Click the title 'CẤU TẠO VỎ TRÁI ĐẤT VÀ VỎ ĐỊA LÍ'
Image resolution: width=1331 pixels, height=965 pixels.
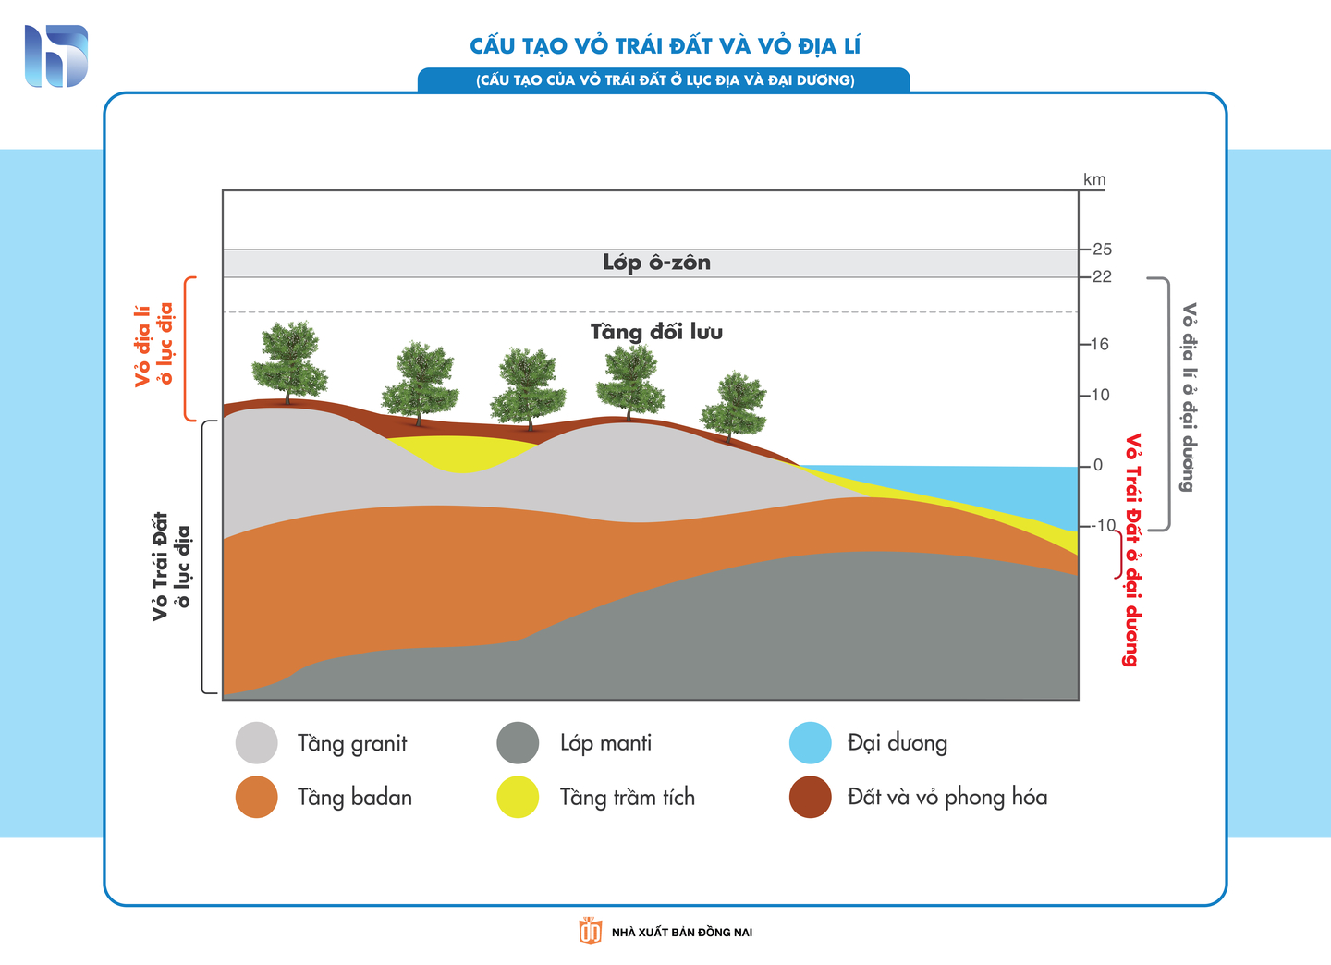pos(665,45)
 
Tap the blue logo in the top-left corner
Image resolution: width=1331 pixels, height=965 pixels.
pos(56,56)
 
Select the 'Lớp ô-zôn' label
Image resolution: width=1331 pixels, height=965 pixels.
pos(656,263)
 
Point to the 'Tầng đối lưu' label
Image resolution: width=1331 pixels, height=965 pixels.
pos(656,331)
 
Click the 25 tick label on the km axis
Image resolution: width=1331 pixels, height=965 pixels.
pos(1102,250)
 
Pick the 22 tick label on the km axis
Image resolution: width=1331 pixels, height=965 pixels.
pos(1102,277)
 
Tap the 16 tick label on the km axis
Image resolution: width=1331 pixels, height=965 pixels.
pos(1100,344)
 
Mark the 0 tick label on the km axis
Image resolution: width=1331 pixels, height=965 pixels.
pos(1098,465)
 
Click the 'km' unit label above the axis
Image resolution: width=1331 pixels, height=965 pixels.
pos(1094,179)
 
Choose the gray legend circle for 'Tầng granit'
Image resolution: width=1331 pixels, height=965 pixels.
pos(257,743)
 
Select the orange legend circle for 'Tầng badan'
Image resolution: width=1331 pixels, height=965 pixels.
pos(257,797)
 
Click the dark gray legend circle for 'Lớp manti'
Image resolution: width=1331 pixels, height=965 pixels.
pos(518,743)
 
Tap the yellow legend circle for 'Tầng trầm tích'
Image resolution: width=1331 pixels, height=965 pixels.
pos(518,797)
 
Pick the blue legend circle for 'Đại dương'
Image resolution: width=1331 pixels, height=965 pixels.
pos(811,743)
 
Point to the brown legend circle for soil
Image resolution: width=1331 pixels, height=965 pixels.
pos(811,797)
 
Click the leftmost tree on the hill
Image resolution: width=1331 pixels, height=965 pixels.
pos(289,362)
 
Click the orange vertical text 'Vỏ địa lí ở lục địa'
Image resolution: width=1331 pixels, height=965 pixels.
pos(154,345)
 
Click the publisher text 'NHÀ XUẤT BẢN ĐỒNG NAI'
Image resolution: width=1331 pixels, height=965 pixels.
pos(682,932)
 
